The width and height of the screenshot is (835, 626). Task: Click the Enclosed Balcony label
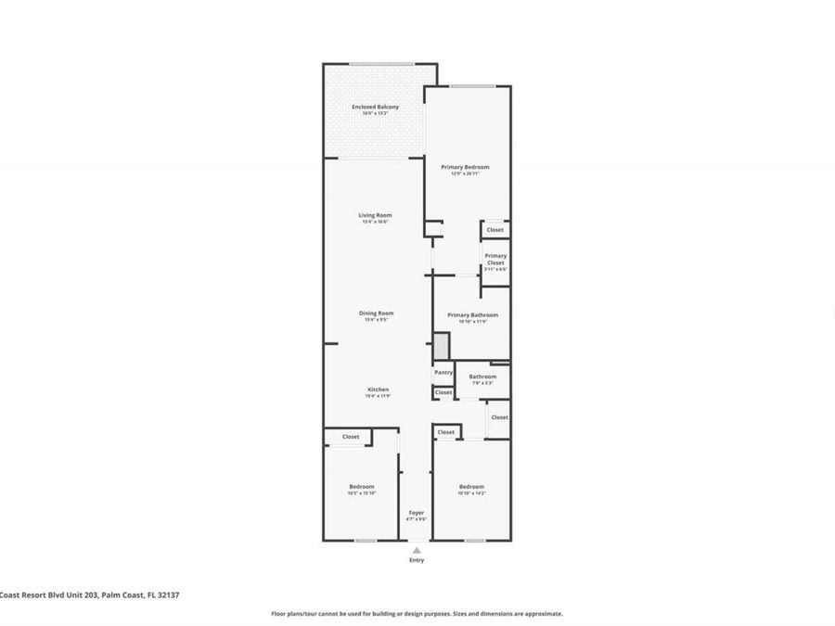pos(375,108)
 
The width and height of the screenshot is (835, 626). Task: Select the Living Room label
pos(375,215)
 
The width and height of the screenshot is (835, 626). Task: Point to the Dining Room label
pos(376,313)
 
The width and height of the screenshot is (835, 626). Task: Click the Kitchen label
pos(377,390)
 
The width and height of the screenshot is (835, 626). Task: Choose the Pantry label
pos(443,372)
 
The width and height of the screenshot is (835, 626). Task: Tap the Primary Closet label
pos(495,259)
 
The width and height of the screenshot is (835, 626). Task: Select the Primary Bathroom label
pos(472,315)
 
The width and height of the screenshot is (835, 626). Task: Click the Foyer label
pos(417,512)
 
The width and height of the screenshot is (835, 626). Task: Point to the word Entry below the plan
pos(417,560)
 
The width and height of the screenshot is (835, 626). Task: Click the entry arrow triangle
pos(417,550)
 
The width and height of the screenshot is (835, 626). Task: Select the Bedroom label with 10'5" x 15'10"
pos(361,487)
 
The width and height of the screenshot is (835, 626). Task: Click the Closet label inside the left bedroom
pos(351,437)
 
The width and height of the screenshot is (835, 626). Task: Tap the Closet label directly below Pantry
pos(443,392)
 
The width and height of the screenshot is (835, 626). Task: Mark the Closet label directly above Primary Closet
pos(495,230)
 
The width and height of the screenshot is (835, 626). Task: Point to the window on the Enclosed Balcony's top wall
pos(381,64)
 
